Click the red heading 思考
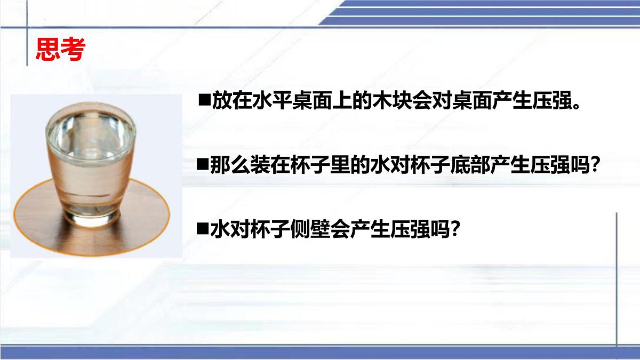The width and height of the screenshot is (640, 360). tap(60, 49)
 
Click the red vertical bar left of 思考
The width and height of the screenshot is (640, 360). tap(29, 49)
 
